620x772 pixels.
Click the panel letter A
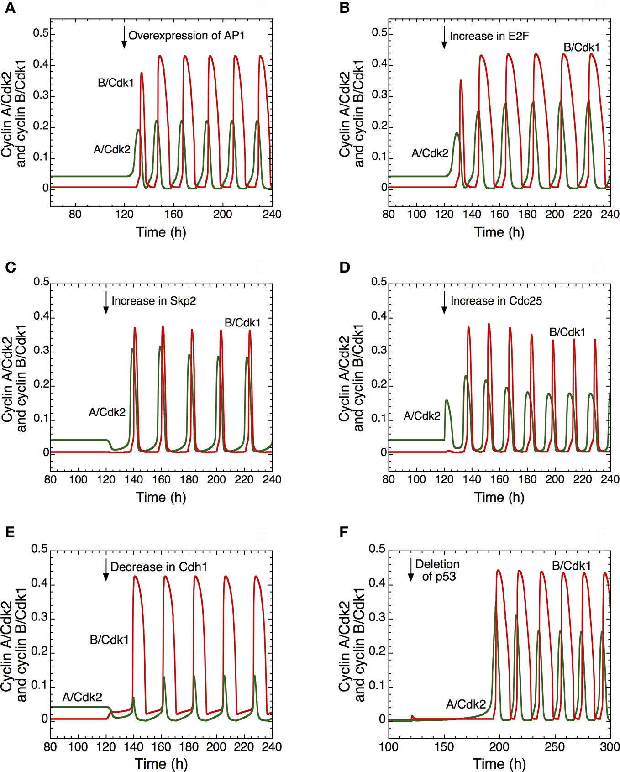point(10,9)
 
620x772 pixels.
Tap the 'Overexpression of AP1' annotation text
point(186,36)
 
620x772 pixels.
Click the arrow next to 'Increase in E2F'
point(444,38)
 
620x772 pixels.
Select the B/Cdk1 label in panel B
point(581,47)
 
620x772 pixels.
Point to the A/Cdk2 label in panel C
point(107,412)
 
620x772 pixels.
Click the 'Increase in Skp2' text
point(153,301)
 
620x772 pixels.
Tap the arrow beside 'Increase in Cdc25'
point(444,303)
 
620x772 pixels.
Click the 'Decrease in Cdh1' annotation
point(158,567)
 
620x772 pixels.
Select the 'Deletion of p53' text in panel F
point(437,570)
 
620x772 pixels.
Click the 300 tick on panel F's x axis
point(609,747)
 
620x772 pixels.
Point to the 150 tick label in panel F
point(444,747)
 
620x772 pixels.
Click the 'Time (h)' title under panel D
point(499,497)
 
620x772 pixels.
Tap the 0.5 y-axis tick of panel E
point(39,549)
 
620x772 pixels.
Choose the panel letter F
point(344,532)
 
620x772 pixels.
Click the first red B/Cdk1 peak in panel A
point(142,73)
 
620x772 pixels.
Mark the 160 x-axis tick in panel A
point(173,214)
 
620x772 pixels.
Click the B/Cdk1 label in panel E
point(109,640)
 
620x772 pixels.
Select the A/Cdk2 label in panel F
point(466,704)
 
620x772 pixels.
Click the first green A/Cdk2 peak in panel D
point(447,400)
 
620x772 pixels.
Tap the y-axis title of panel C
point(14,378)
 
